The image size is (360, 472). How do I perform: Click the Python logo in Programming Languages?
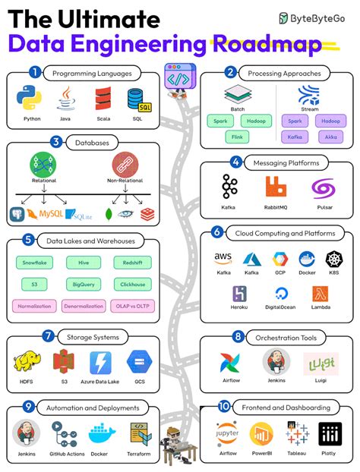pos(32,99)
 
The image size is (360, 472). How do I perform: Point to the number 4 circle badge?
pos(237,162)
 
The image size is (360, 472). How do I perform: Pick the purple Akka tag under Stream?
pos(330,137)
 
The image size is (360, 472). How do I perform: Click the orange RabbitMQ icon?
pos(276,186)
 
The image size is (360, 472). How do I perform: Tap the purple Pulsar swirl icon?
pos(324,187)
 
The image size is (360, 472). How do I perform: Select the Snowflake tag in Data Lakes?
pos(34,262)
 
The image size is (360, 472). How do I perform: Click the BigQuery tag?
pos(83,285)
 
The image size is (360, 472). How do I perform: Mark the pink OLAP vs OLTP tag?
pos(132,307)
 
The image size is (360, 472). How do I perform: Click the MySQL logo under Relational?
pos(45,215)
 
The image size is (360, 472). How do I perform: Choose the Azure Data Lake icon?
pos(100,362)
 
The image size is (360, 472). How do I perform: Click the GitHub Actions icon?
pos(65,434)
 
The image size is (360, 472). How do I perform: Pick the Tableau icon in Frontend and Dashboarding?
pos(296,436)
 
